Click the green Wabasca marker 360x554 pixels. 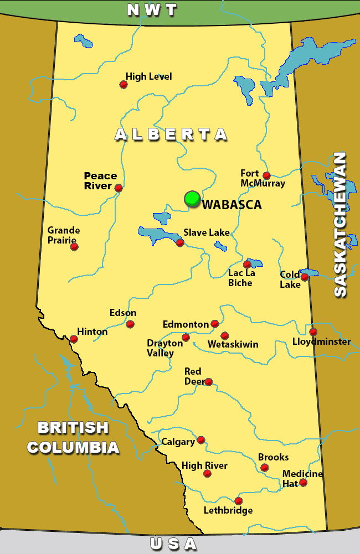pyautogui.click(x=192, y=198)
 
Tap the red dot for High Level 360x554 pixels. pyautogui.click(x=124, y=85)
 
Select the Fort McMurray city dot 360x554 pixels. pyautogui.click(x=266, y=175)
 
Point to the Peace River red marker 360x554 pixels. pyautogui.click(x=119, y=188)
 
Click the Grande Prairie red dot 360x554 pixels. pyautogui.click(x=74, y=246)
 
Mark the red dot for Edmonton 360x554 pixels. pyautogui.click(x=215, y=324)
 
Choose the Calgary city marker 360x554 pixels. pyautogui.click(x=201, y=440)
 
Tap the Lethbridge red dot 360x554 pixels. pyautogui.click(x=239, y=501)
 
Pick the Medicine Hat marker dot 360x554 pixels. pyautogui.click(x=303, y=483)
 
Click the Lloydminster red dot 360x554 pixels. pyautogui.click(x=313, y=332)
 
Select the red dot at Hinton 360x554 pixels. pyautogui.click(x=74, y=339)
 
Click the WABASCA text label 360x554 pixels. pyautogui.click(x=232, y=205)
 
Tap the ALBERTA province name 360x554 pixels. pyautogui.click(x=171, y=134)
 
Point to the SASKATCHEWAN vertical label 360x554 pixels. pyautogui.click(x=340, y=225)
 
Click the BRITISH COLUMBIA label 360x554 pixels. pyautogui.click(x=73, y=437)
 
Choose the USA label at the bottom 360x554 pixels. pyautogui.click(x=173, y=545)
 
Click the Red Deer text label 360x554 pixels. pyautogui.click(x=193, y=376)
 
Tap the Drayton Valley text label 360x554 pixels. pyautogui.click(x=164, y=348)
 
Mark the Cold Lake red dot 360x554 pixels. pyautogui.click(x=305, y=277)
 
